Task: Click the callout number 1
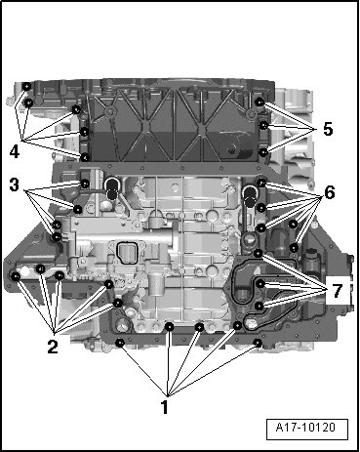point(165,407)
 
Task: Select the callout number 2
point(53,347)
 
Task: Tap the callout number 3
point(14,185)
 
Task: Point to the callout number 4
point(14,151)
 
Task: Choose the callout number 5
point(328,129)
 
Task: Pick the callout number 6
point(330,193)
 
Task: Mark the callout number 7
point(338,291)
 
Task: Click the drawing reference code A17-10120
point(305,427)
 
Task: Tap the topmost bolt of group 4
point(27,87)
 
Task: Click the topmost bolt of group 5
point(260,103)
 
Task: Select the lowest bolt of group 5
point(263,152)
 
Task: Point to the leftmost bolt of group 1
point(120,343)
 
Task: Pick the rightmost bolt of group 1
point(258,343)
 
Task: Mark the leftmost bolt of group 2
point(16,276)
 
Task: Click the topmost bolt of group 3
point(85,184)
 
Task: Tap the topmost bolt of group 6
point(261,183)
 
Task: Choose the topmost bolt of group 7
point(259,253)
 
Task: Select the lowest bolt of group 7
point(260,306)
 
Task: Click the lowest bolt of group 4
point(85,157)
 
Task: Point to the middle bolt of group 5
point(263,125)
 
